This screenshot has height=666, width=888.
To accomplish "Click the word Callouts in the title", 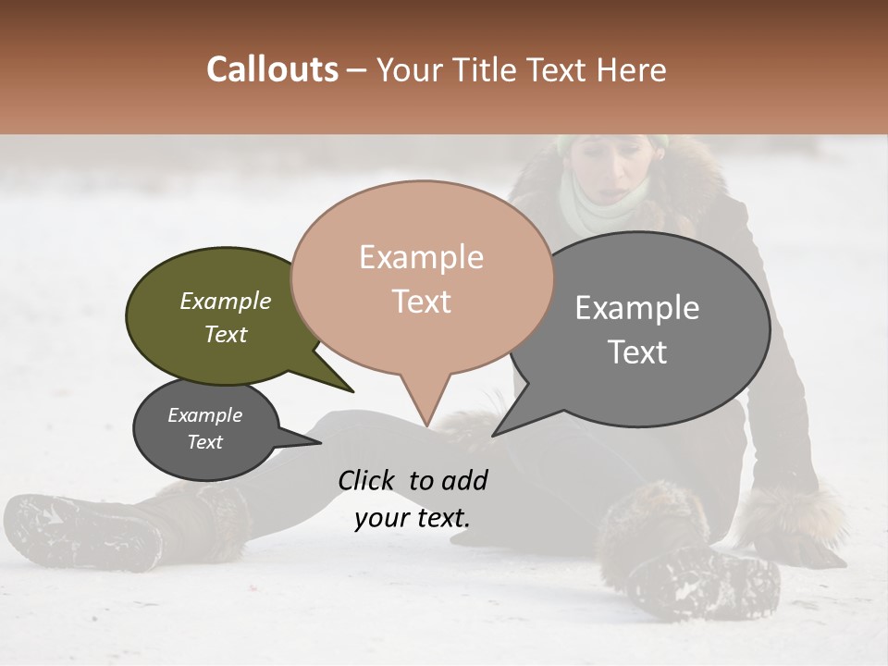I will [x=272, y=69].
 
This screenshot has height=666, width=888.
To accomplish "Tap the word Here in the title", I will [x=629, y=69].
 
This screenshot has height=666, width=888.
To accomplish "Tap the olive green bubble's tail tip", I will [x=352, y=391].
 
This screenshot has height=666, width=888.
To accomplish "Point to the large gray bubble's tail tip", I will [x=493, y=435].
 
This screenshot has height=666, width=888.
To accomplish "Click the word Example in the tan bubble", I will [x=421, y=257].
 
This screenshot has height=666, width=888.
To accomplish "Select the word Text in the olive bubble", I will [x=226, y=335].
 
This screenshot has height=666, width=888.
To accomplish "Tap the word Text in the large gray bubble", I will [x=637, y=352].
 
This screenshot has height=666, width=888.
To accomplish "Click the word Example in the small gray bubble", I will [x=204, y=415].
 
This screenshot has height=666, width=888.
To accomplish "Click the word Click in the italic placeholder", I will [x=367, y=480].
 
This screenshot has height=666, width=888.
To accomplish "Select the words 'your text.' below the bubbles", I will [x=412, y=518].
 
